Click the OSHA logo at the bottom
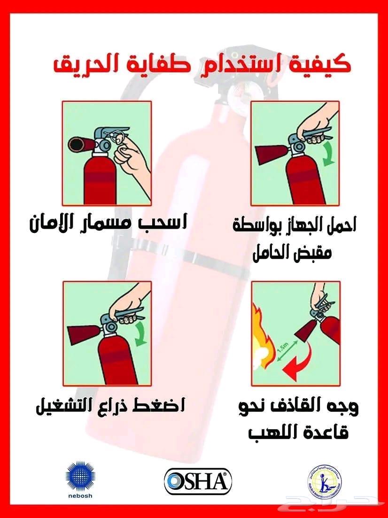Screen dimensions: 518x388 pos(198,481)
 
